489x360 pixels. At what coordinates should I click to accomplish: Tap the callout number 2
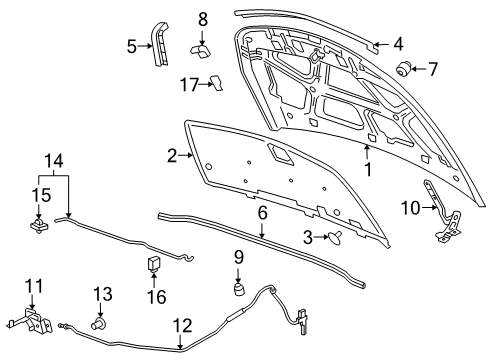(x=172, y=155)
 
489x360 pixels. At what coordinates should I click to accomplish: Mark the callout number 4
(x=397, y=43)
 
